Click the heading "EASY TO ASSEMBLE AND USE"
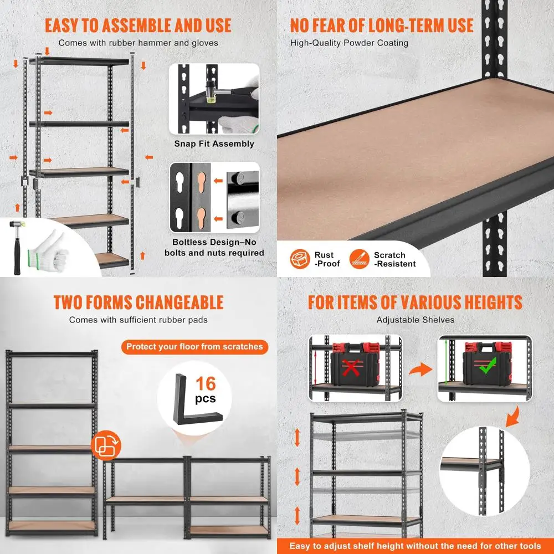(x=138, y=25)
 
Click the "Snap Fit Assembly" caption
(x=214, y=143)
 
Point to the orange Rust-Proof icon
(x=300, y=259)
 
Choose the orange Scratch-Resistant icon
(x=358, y=259)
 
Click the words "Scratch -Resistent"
(x=394, y=259)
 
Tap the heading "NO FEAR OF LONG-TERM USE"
(x=382, y=25)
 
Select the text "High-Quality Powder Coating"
(x=349, y=43)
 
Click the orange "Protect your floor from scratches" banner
(x=194, y=347)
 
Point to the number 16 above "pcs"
(x=206, y=383)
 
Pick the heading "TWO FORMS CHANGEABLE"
(x=138, y=302)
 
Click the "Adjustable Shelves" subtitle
(x=415, y=320)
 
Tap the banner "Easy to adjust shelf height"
(x=415, y=545)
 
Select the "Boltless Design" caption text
(x=214, y=247)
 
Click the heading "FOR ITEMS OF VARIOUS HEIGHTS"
(x=415, y=302)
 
